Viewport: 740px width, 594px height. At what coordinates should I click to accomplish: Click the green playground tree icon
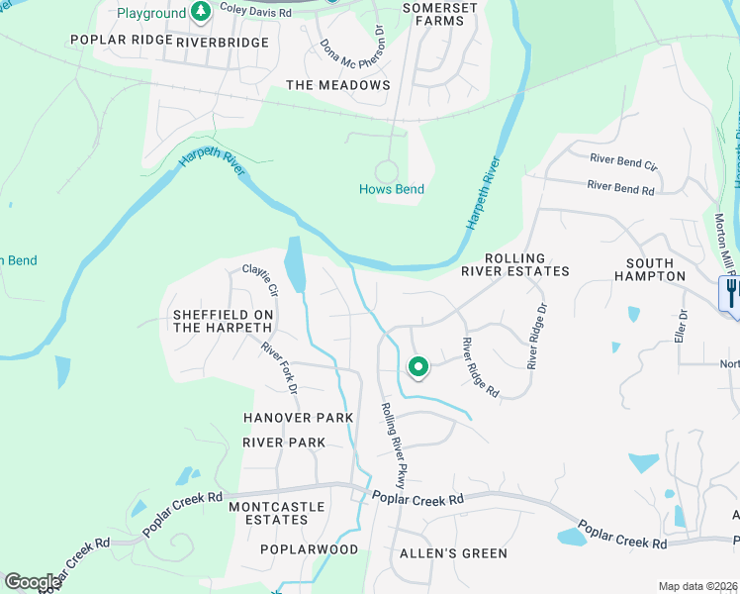202,13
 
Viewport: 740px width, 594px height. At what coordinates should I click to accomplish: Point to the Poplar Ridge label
115,43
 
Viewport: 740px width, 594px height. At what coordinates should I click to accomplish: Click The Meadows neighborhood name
338,85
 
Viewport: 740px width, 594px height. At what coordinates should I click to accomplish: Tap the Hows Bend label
391,189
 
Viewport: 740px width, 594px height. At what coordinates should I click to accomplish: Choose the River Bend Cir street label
623,159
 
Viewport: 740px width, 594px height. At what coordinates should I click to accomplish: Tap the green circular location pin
418,368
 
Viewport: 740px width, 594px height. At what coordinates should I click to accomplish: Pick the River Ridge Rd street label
480,368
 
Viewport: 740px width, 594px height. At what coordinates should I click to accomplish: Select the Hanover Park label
299,419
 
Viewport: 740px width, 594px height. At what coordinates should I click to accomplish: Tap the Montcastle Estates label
268,513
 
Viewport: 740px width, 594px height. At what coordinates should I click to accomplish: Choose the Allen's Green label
452,553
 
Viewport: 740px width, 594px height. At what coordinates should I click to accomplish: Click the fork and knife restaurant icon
731,293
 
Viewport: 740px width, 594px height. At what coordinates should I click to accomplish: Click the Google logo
33,581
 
